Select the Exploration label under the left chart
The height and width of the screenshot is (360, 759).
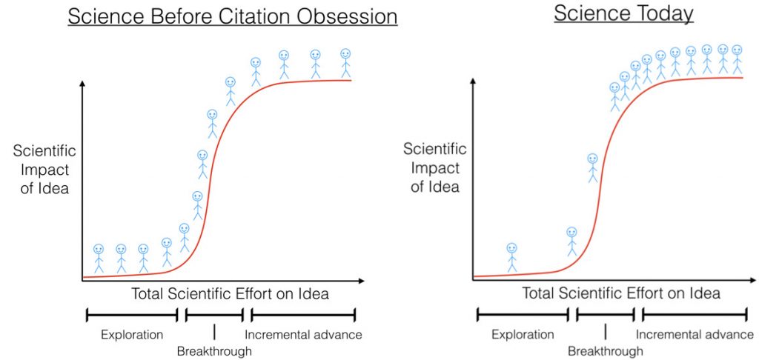[132, 334]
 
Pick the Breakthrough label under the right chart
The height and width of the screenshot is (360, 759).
[606, 351]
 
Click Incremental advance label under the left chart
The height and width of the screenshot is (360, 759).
[303, 334]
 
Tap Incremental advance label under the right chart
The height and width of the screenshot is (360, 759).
[695, 334]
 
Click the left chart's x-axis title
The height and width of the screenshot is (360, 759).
[230, 294]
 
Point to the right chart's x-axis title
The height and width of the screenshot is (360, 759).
[621, 293]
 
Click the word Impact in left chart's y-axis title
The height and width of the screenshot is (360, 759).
[44, 170]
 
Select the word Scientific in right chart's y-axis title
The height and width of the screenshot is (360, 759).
[435, 149]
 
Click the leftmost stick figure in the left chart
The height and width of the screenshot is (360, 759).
[99, 258]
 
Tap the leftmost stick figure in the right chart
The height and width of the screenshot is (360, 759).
[511, 257]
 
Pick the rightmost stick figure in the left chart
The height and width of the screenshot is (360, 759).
[345, 64]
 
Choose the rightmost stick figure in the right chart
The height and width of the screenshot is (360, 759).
[737, 59]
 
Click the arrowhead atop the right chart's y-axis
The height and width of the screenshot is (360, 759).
[472, 82]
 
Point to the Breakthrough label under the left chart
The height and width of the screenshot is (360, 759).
[214, 350]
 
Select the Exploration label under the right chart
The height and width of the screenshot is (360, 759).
[523, 334]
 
